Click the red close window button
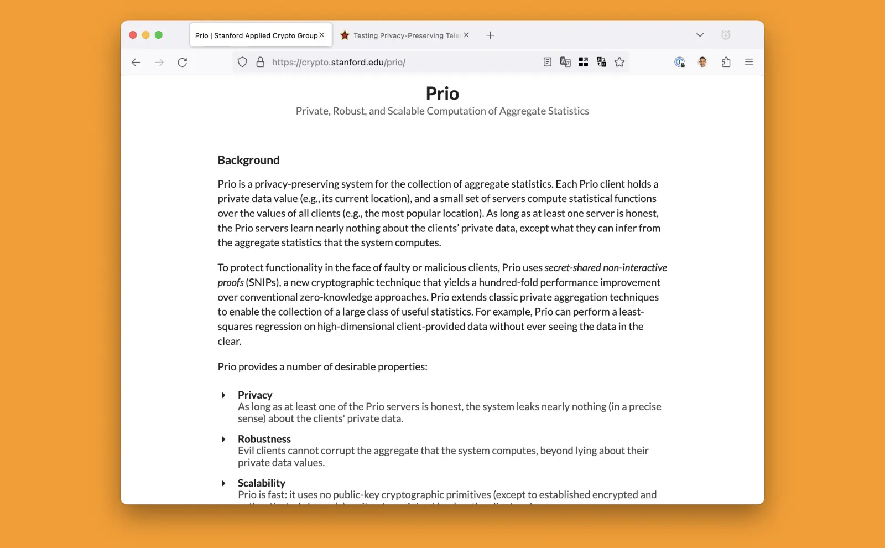coord(133,35)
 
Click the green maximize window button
coord(159,35)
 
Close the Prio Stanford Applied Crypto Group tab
coord(322,35)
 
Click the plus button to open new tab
coord(490,35)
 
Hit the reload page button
coord(183,63)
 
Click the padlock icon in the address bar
coord(261,63)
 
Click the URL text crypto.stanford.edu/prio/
coord(339,63)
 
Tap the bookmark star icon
coord(619,63)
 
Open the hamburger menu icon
coord(749,62)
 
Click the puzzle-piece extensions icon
coord(726,62)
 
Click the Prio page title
coord(442,94)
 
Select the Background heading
coord(248,161)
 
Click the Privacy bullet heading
coord(255,395)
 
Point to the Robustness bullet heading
coord(264,439)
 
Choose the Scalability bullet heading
coord(262,483)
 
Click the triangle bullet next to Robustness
coord(223,440)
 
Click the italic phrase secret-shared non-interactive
coord(606,268)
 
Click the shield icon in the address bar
coord(242,63)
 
